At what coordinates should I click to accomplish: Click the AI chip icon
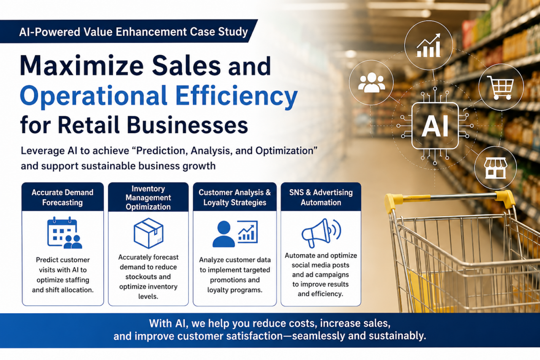(x=435, y=126)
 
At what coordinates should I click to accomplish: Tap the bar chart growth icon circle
(x=428, y=45)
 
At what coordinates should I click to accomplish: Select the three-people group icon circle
(x=371, y=83)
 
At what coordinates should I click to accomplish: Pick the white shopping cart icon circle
(x=501, y=87)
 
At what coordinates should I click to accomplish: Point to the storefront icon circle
(x=495, y=168)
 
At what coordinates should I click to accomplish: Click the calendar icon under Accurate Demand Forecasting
(x=65, y=233)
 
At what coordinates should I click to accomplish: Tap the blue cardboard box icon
(x=148, y=233)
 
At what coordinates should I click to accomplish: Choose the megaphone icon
(x=321, y=233)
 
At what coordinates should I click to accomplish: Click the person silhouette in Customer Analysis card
(x=224, y=234)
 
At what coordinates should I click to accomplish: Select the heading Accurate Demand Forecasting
(x=62, y=197)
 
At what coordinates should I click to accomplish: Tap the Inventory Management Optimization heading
(x=148, y=198)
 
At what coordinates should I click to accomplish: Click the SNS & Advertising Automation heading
(x=321, y=197)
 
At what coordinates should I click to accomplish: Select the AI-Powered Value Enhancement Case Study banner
(x=129, y=32)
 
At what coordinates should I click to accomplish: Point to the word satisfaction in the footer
(x=250, y=336)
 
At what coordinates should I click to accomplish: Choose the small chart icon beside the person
(x=248, y=232)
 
